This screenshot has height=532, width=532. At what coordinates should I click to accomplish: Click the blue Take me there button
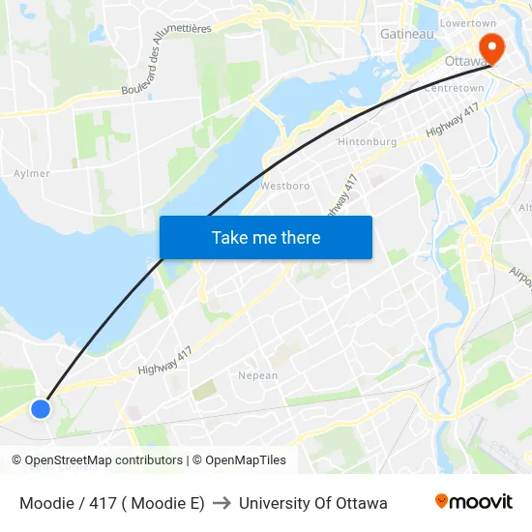(266, 237)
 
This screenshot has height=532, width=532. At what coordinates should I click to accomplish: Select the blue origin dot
(40, 408)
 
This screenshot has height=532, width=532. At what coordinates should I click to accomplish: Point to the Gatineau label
(406, 34)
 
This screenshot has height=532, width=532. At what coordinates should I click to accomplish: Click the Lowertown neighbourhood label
(467, 22)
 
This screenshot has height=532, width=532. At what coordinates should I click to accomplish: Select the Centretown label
(454, 88)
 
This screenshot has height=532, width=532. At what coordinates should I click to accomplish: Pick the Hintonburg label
(368, 141)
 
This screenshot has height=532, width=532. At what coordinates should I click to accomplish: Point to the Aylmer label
(32, 173)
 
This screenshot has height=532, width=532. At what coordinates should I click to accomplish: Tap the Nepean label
(258, 375)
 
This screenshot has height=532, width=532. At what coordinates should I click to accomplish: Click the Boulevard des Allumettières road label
(166, 60)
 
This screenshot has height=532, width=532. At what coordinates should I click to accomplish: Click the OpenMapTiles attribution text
(238, 460)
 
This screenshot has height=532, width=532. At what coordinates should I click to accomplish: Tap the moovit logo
(474, 501)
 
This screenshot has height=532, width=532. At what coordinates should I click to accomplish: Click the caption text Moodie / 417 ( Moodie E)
(112, 503)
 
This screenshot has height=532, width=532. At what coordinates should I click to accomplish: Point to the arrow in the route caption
(222, 503)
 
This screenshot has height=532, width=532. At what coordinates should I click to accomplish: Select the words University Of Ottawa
(313, 503)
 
